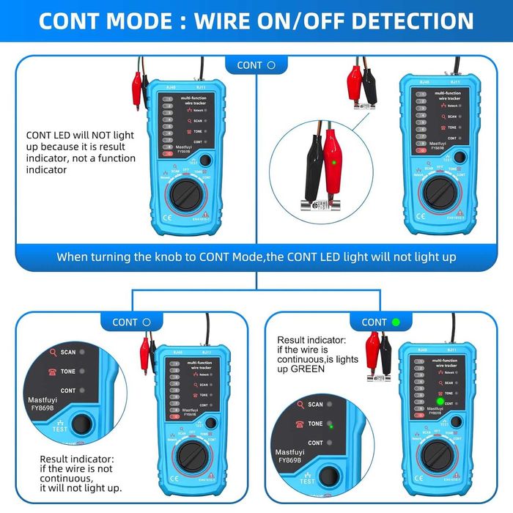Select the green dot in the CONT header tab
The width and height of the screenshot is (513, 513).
click(396, 322)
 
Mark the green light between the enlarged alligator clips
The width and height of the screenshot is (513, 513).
click(333, 163)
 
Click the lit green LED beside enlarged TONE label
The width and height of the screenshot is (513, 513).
click(331, 424)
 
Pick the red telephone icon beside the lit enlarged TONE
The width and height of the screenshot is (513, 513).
click(299, 424)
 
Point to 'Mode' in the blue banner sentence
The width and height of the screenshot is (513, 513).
click(245, 257)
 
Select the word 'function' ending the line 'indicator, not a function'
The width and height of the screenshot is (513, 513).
click(115, 158)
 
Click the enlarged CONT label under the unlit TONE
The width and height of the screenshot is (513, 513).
click(68, 391)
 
